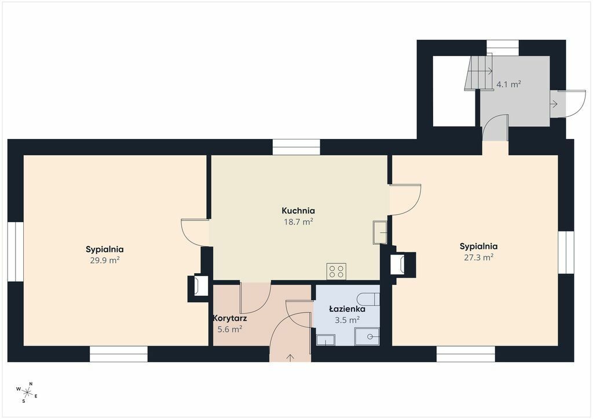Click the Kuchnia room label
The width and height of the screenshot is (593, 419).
click(x=298, y=211)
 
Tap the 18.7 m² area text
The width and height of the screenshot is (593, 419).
click(x=298, y=222)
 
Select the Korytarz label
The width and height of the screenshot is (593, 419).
click(x=230, y=318)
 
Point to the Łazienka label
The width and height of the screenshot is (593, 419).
click(x=347, y=308)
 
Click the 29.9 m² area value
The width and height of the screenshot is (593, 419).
click(x=105, y=260)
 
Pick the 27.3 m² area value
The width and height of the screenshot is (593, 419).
click(x=478, y=258)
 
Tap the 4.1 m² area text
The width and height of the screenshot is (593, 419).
click(x=508, y=84)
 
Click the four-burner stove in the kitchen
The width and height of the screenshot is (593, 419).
click(x=336, y=271)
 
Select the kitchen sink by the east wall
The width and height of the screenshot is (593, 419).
click(x=380, y=232)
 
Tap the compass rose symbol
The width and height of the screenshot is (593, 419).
click(x=27, y=392)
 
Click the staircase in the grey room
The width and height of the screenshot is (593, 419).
click(x=478, y=71)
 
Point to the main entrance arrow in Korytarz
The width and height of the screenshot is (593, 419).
click(x=291, y=358)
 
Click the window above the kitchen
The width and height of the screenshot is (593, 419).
click(x=296, y=147)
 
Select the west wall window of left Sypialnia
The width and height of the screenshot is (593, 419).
click(x=16, y=252)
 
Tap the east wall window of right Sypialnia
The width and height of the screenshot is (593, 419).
click(x=566, y=252)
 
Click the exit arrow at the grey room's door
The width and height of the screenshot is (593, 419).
click(x=554, y=104)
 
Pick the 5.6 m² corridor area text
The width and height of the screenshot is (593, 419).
click(x=230, y=329)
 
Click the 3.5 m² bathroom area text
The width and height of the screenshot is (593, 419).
click(x=347, y=321)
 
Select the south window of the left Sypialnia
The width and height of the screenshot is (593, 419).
click(x=119, y=354)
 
